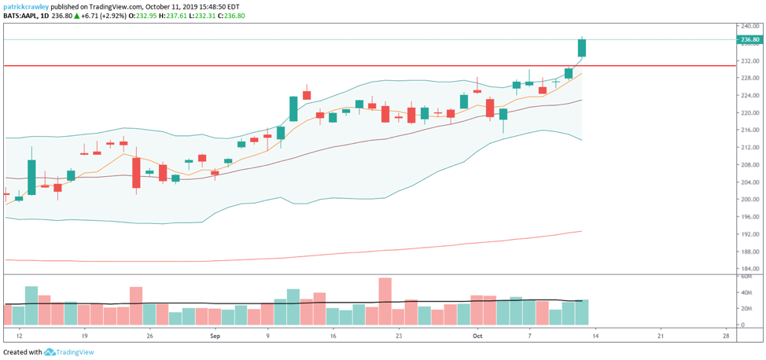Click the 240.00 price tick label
click(x=749, y=26)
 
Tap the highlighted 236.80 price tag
click(x=749, y=39)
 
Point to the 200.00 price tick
click(x=749, y=200)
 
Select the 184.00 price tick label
click(x=749, y=269)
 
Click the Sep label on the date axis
click(x=215, y=335)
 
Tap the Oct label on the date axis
click(x=477, y=335)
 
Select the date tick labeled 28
click(x=725, y=335)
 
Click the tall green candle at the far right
click(x=582, y=47)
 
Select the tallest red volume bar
click(x=385, y=301)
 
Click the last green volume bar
click(x=582, y=312)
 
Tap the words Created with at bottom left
click(x=22, y=352)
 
